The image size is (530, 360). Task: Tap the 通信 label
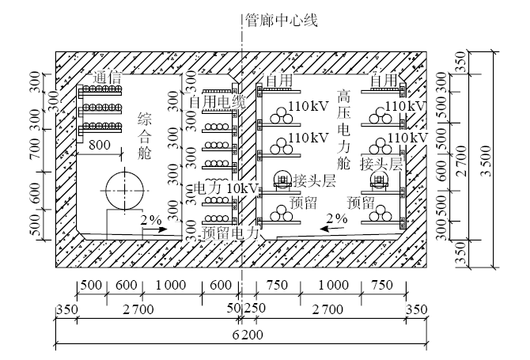(108, 78)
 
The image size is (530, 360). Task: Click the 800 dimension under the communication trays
(100, 146)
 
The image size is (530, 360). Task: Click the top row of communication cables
(100, 90)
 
